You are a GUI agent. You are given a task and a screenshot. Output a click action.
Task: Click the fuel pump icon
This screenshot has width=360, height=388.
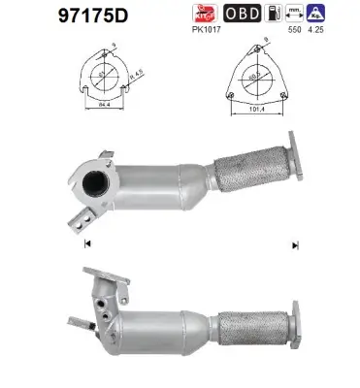coord(276,15)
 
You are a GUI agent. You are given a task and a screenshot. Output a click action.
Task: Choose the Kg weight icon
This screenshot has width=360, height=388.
coord(329,15)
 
